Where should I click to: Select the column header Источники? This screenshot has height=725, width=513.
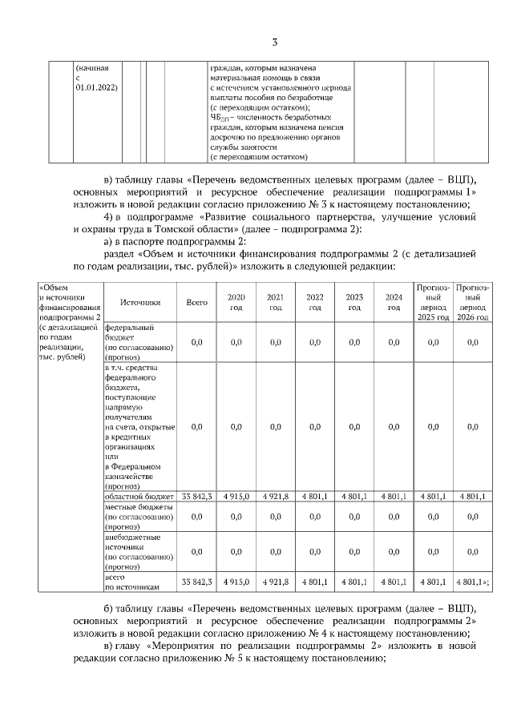click(x=140, y=302)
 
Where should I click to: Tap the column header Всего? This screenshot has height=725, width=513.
click(x=197, y=302)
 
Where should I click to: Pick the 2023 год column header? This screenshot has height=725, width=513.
click(x=354, y=302)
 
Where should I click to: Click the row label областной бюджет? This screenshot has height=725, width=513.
click(x=139, y=497)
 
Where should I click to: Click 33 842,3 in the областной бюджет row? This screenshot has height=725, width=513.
click(x=197, y=497)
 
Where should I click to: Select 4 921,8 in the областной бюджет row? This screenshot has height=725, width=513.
click(x=276, y=497)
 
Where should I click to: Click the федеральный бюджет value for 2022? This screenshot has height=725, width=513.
click(x=315, y=342)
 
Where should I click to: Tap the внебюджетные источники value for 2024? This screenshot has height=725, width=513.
click(x=394, y=551)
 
